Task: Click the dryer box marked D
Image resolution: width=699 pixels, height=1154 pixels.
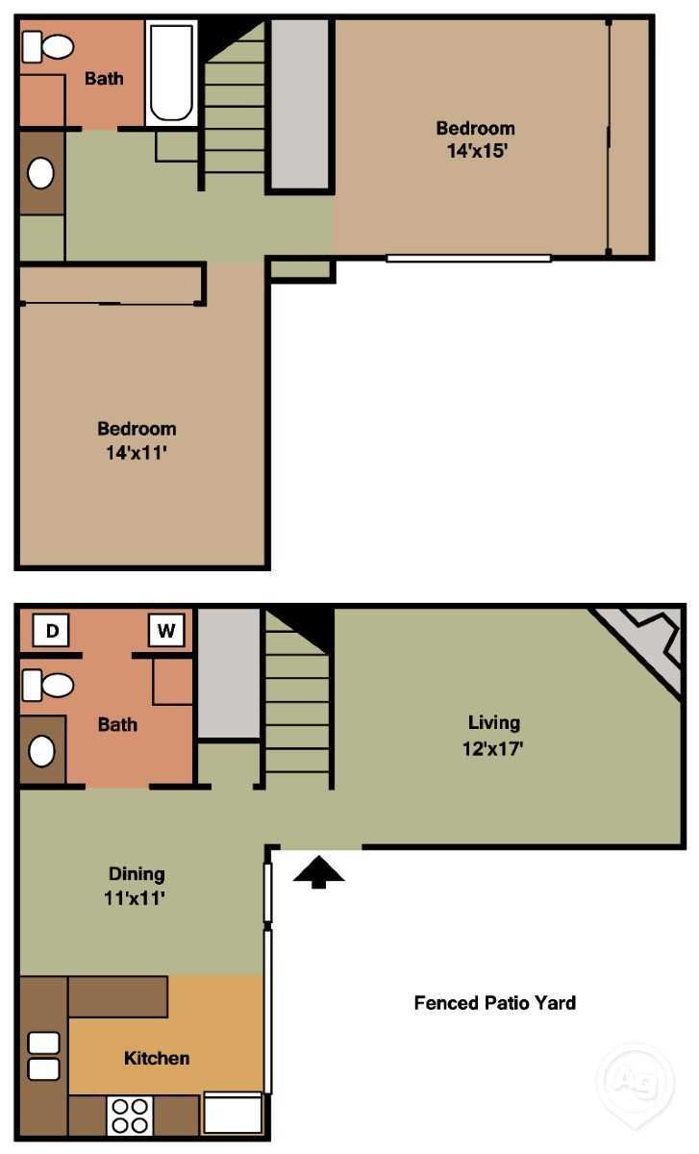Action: click(x=51, y=630)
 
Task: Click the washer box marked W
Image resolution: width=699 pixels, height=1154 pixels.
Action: click(x=166, y=630)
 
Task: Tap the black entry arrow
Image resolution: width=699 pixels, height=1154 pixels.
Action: click(x=319, y=871)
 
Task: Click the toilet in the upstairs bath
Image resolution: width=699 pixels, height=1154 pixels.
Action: click(x=48, y=47)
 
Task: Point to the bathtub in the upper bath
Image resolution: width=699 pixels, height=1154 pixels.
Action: click(x=171, y=73)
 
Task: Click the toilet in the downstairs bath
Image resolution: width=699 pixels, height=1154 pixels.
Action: click(x=48, y=685)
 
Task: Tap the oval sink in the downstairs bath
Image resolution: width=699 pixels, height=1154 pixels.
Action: click(x=41, y=751)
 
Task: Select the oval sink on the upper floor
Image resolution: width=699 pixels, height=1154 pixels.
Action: click(x=40, y=173)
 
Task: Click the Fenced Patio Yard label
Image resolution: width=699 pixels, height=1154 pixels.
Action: click(x=495, y=1002)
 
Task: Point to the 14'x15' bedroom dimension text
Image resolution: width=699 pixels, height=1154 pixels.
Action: click(x=477, y=151)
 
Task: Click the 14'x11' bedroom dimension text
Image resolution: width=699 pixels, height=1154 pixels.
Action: click(x=137, y=452)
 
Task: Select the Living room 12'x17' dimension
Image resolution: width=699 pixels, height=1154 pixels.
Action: click(x=493, y=748)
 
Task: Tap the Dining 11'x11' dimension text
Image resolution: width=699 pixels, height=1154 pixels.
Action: click(x=135, y=898)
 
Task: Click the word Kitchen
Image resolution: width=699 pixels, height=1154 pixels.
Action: click(x=157, y=1058)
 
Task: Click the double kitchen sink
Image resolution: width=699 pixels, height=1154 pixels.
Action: click(x=44, y=1056)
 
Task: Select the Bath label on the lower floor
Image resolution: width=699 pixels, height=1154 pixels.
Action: click(x=117, y=724)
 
